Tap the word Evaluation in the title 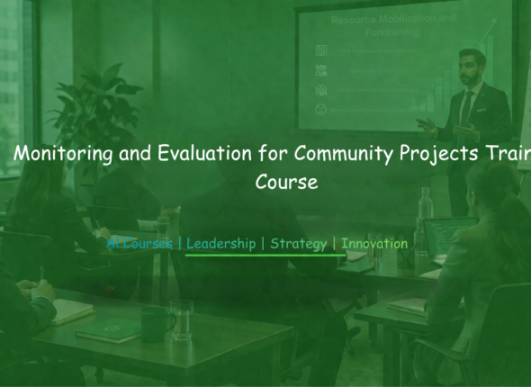tap(202, 154)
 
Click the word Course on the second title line tap(287, 181)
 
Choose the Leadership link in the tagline tap(220, 244)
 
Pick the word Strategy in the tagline tap(298, 244)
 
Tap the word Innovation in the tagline tap(374, 244)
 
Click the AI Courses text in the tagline tap(140, 244)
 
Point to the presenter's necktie tap(466, 106)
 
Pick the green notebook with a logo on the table tap(108, 330)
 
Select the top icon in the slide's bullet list tap(321, 51)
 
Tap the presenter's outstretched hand tap(424, 124)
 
